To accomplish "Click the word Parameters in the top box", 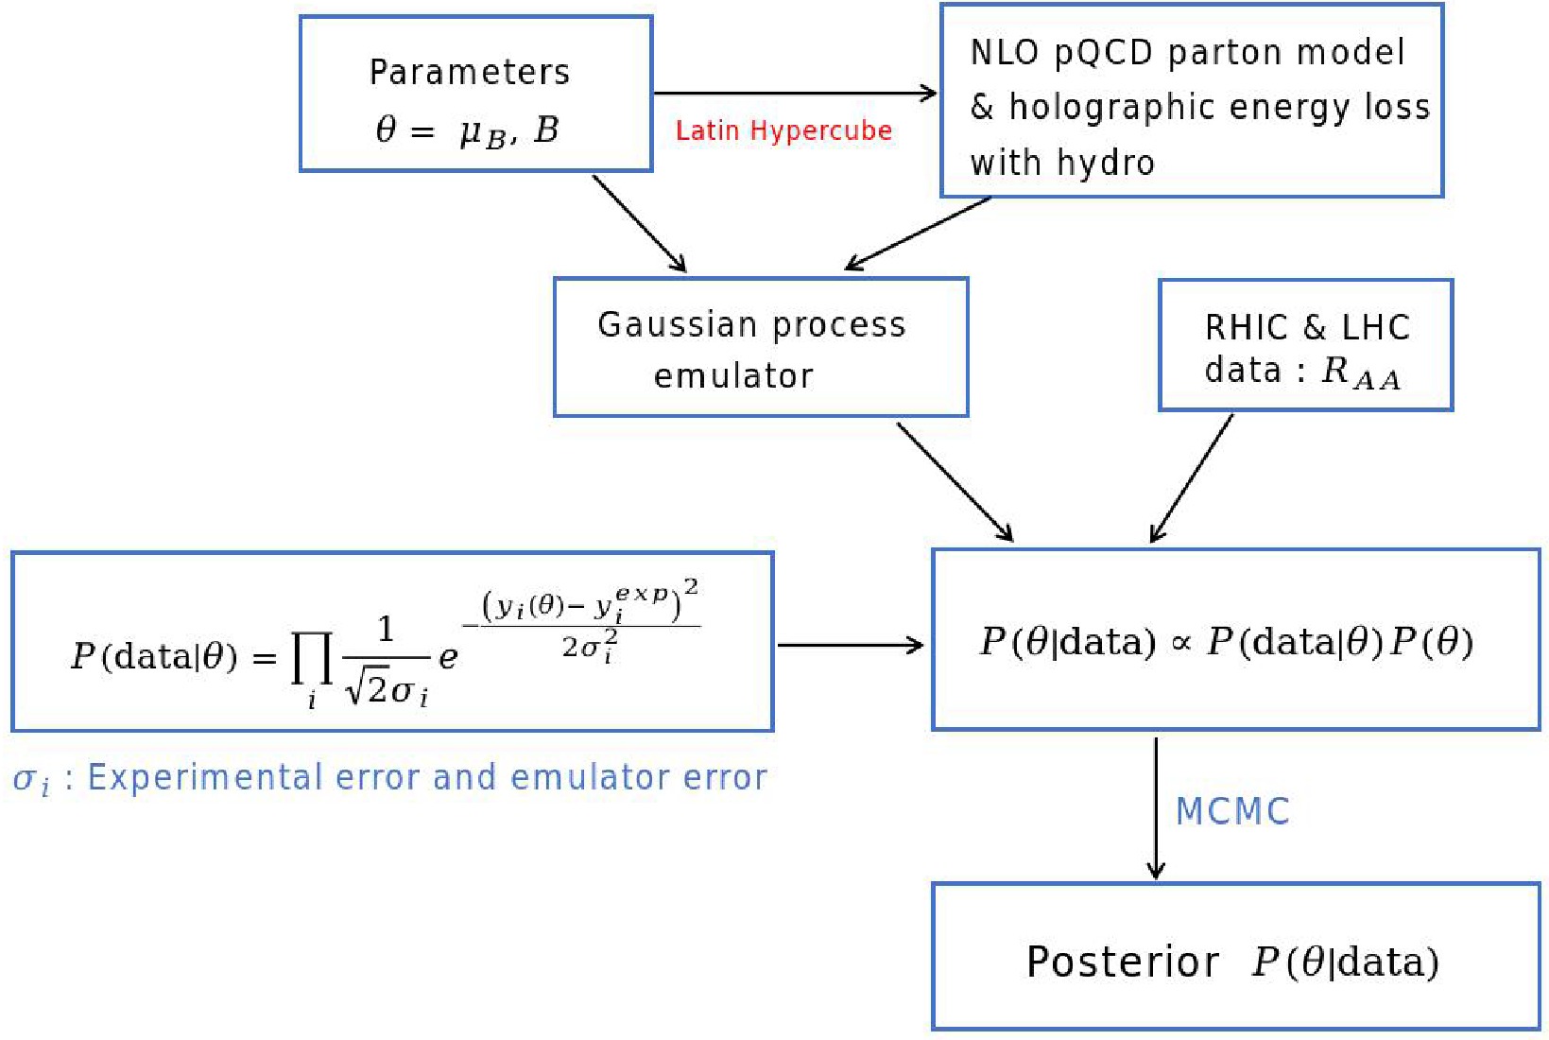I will [x=469, y=73].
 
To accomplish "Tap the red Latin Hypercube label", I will [x=783, y=130].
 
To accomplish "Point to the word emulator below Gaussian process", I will [x=733, y=376].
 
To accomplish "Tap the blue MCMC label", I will [x=1232, y=811].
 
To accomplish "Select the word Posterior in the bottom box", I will [x=1123, y=962].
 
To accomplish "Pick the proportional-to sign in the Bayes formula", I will [x=1180, y=644].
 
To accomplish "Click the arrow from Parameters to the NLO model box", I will [x=794, y=93].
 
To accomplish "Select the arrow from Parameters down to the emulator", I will [x=639, y=223].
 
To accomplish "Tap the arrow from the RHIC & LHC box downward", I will [x=1192, y=478].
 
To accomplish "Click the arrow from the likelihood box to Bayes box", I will [x=850, y=645].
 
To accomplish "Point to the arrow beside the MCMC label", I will [x=1156, y=808].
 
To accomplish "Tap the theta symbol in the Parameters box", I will [x=386, y=129].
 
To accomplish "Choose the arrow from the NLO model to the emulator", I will [x=918, y=233].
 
